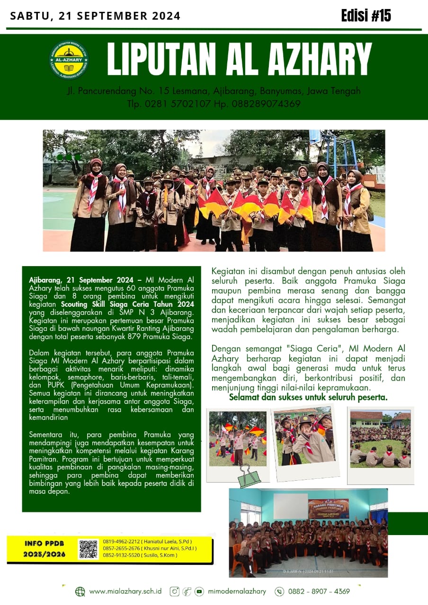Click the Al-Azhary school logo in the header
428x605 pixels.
coord(69,60)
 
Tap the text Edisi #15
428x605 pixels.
coord(366,16)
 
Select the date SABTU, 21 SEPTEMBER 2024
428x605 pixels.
coord(95,16)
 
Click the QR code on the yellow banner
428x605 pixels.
coord(89,549)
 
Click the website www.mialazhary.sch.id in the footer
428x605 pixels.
coord(125,591)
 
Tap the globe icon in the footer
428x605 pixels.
coord(80,591)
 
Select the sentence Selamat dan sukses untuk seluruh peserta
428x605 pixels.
coord(308,397)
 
